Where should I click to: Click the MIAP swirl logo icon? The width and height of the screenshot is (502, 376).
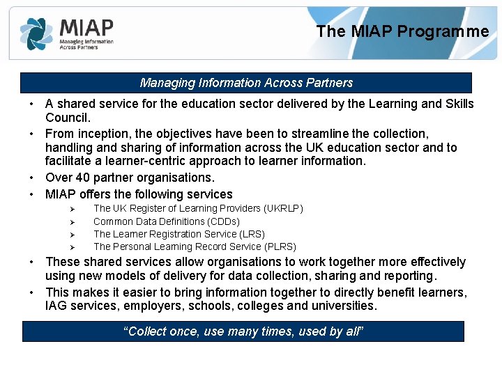36,33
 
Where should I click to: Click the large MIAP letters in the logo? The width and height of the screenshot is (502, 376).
86,27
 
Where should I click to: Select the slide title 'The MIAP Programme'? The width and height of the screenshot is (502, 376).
402,31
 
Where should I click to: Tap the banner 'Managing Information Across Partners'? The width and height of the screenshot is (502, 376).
246,83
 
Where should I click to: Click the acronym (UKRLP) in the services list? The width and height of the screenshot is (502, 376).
283,208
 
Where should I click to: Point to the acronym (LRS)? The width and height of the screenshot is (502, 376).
251,234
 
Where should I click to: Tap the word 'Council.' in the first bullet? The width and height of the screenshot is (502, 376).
68,118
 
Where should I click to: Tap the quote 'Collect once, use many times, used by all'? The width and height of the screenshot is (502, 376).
243,331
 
